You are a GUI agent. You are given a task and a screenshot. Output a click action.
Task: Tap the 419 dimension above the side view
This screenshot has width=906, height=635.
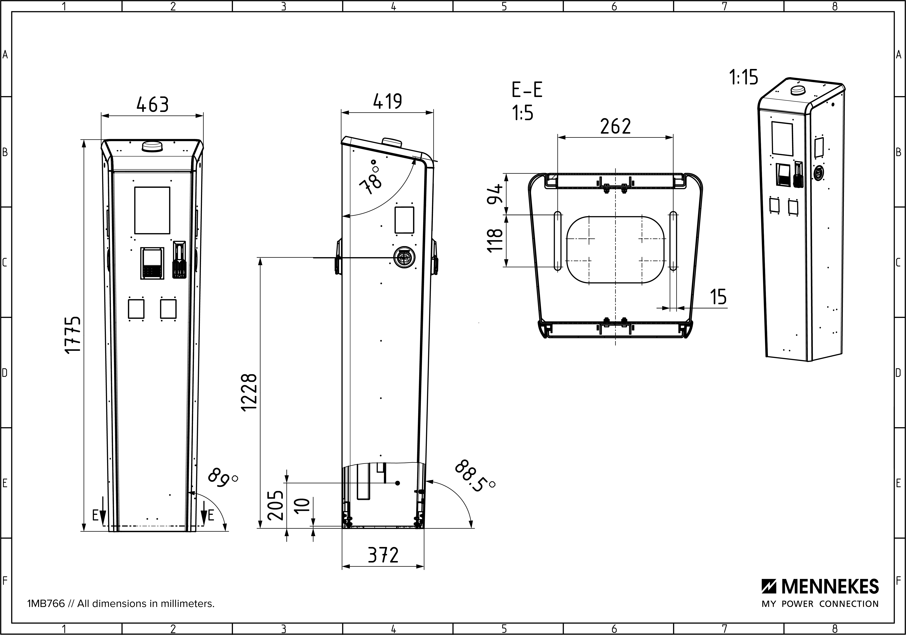(387, 101)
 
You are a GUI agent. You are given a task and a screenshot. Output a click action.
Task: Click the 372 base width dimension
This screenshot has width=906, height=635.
(383, 555)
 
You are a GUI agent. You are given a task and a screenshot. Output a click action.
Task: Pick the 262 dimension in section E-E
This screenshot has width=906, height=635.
(616, 126)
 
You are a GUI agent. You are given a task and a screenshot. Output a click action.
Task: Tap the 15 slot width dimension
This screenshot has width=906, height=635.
(718, 297)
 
